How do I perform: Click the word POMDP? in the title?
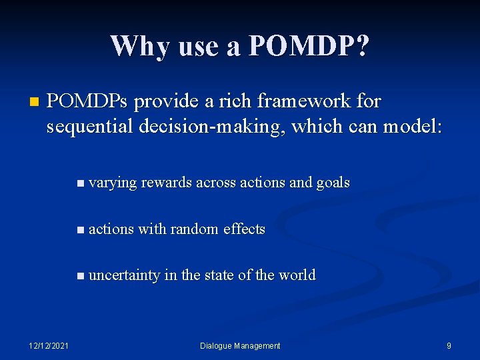(308, 47)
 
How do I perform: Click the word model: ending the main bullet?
(412, 125)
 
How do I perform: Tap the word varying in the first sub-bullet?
(112, 183)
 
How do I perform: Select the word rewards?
(166, 183)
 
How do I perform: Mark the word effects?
(244, 229)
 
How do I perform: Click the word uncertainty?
(124, 275)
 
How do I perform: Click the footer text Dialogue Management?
(240, 345)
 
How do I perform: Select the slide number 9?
(449, 345)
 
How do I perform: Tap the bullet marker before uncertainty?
(81, 276)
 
